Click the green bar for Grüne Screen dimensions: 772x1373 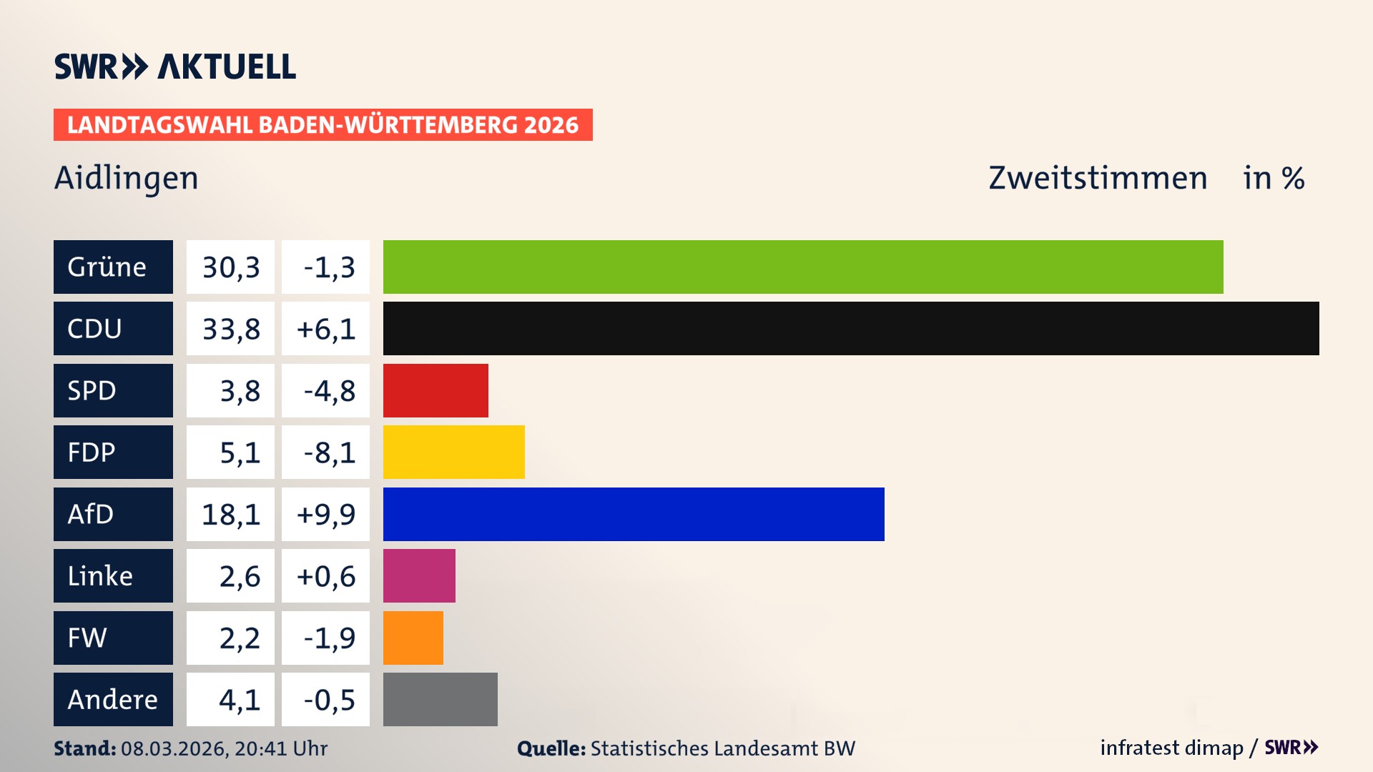point(802,267)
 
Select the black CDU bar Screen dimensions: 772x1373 point(851,328)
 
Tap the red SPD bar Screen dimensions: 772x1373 point(435,390)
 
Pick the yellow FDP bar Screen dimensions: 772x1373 point(453,452)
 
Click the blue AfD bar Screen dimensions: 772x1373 point(634,514)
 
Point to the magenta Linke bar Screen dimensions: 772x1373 point(419,575)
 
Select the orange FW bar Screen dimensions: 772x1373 point(413,638)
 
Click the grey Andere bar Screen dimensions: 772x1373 point(440,699)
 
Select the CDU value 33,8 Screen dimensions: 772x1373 point(230,329)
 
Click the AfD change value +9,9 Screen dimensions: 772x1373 point(326,514)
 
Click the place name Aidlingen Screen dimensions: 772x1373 point(126,178)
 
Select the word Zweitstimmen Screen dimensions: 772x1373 point(1097,178)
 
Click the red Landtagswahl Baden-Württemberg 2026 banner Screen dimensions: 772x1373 point(323,125)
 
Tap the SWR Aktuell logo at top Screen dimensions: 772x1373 point(174,66)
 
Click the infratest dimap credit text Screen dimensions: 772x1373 point(1171,748)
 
